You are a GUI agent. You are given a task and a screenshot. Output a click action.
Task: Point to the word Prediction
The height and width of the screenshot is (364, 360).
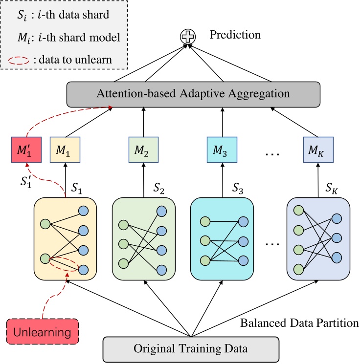point(234,35)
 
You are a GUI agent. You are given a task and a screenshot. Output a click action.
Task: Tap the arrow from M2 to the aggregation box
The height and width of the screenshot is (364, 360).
point(143,120)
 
